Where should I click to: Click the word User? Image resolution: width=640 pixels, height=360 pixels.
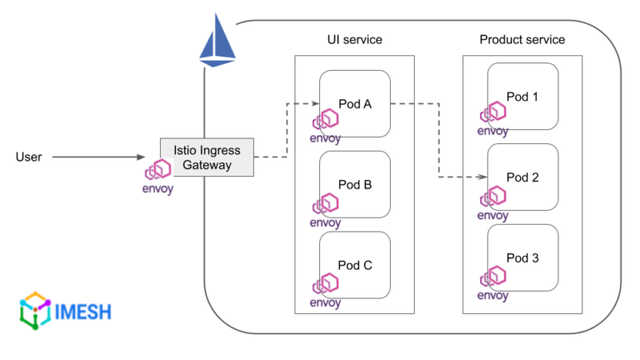coord(29,156)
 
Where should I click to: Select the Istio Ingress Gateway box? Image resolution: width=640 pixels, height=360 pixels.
coord(207,157)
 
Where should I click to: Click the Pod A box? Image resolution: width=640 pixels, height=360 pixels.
coord(355,104)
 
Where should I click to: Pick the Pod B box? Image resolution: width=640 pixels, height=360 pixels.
coord(355,185)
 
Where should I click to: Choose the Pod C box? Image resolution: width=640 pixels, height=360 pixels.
coord(355,266)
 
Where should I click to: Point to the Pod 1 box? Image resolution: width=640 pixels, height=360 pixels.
coord(522,97)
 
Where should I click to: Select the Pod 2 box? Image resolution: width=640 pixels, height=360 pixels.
coord(522,177)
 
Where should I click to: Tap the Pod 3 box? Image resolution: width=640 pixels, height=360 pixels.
coord(522,257)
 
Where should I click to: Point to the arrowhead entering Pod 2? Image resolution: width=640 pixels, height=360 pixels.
coord(482,177)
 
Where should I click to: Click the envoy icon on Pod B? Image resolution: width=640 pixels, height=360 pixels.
coord(326,207)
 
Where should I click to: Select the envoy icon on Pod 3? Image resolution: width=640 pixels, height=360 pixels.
coord(493,278)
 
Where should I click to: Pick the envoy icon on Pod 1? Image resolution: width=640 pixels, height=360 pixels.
coord(493,116)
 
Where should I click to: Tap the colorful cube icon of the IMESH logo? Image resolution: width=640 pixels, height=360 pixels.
coord(34,311)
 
